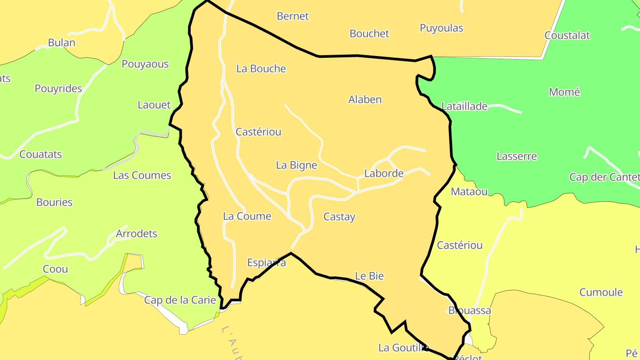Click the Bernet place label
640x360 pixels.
292,16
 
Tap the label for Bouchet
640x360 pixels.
369,33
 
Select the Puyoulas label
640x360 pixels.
441,28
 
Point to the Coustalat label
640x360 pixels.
567,36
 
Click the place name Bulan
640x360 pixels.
61,43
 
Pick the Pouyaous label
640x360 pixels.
145,64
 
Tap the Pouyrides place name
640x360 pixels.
58,88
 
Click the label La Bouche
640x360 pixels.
261,68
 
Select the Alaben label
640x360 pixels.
364,100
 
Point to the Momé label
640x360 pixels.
564,92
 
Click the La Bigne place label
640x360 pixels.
296,165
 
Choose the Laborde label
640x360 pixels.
384,173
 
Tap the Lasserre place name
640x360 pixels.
516,156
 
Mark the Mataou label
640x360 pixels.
469,192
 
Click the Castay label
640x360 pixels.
339,217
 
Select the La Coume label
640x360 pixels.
247,216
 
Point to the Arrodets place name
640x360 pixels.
136,233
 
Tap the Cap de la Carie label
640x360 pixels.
180,300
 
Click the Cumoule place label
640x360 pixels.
601,292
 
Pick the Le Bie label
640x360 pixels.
369,276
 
